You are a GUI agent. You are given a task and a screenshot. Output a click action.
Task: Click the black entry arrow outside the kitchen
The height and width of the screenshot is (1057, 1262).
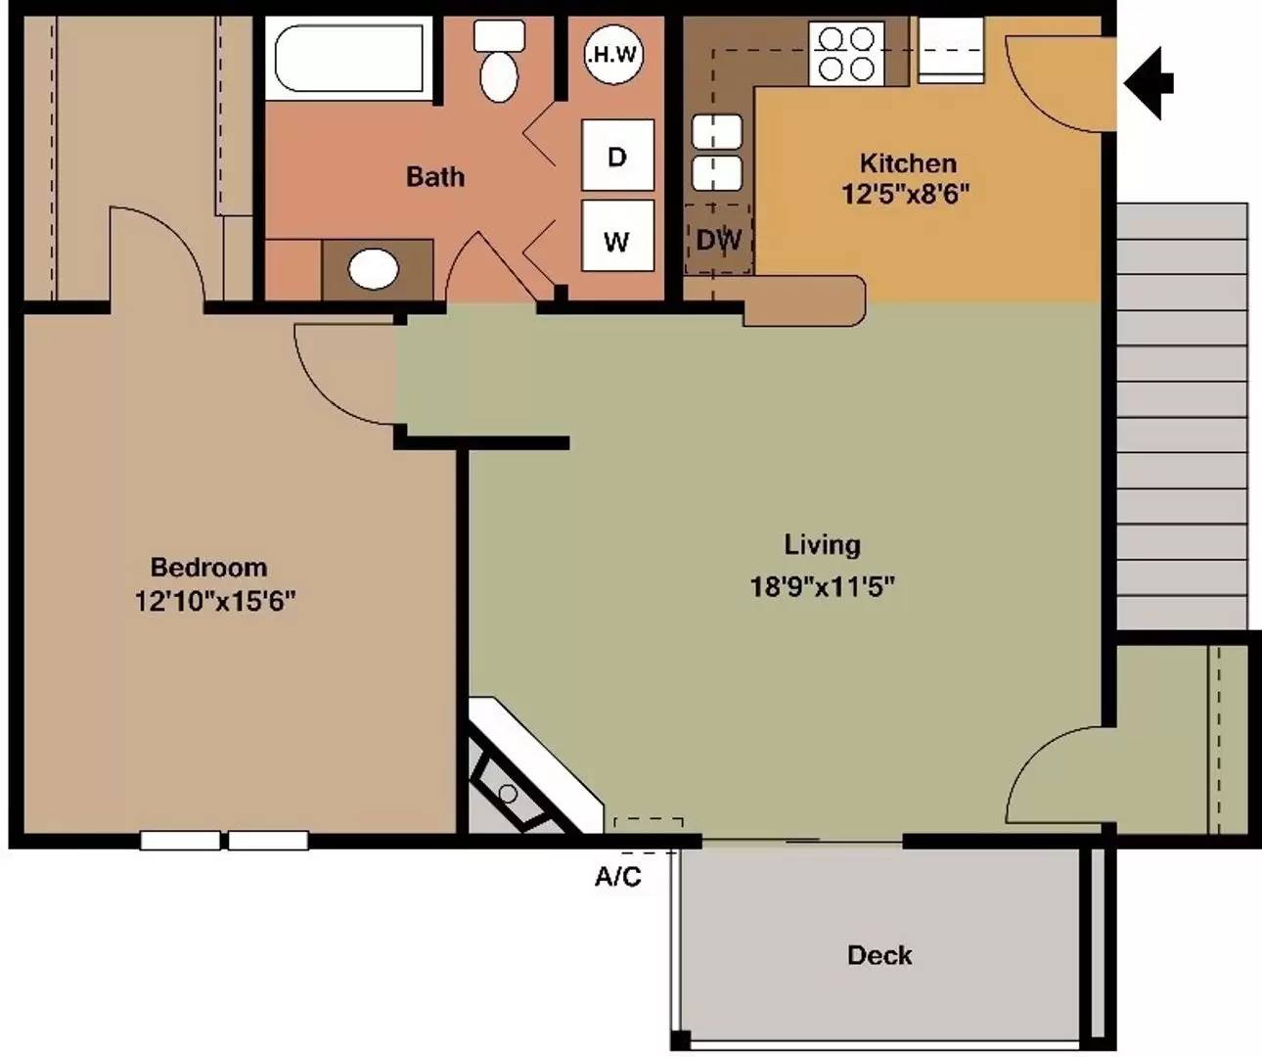[x=1149, y=83]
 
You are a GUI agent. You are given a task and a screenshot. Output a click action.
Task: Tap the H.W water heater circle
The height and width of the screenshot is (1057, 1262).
[x=613, y=55]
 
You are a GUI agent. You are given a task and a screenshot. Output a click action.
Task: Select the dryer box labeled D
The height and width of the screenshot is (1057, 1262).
[x=617, y=155]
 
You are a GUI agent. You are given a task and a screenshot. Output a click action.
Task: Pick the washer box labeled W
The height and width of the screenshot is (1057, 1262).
[x=617, y=236]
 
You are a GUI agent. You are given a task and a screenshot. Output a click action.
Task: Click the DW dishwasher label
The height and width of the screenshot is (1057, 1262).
[x=719, y=240]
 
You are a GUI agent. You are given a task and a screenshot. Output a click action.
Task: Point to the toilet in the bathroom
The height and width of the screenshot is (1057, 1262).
[x=499, y=61]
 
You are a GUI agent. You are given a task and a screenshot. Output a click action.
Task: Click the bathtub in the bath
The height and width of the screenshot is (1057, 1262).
[x=348, y=59]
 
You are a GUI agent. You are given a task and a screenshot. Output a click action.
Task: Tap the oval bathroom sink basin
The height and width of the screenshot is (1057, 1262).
[x=374, y=269]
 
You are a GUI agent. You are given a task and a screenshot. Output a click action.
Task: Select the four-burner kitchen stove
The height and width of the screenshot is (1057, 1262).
[x=847, y=53]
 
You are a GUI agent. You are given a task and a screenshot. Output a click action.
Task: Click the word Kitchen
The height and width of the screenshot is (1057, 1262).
[x=909, y=163]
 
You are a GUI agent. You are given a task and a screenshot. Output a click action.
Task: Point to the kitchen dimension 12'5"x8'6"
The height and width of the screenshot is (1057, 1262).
[x=905, y=194]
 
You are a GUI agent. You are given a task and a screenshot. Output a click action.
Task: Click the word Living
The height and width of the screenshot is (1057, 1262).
[x=822, y=545]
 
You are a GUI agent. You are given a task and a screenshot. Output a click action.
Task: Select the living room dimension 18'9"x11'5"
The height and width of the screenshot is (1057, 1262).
[x=822, y=586]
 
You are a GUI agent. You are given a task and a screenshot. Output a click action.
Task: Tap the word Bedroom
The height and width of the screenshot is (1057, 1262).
[x=208, y=568]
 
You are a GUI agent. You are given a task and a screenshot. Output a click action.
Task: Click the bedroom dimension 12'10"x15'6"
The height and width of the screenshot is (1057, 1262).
[x=214, y=601]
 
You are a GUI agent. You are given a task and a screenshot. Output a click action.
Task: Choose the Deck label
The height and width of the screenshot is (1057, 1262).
[x=880, y=955]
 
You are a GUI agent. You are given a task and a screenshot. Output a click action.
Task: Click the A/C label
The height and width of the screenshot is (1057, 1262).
[x=617, y=876]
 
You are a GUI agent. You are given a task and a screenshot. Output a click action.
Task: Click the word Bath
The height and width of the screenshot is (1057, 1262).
[x=435, y=176]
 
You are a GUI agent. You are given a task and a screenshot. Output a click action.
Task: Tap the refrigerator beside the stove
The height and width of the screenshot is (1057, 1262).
[x=951, y=50]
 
